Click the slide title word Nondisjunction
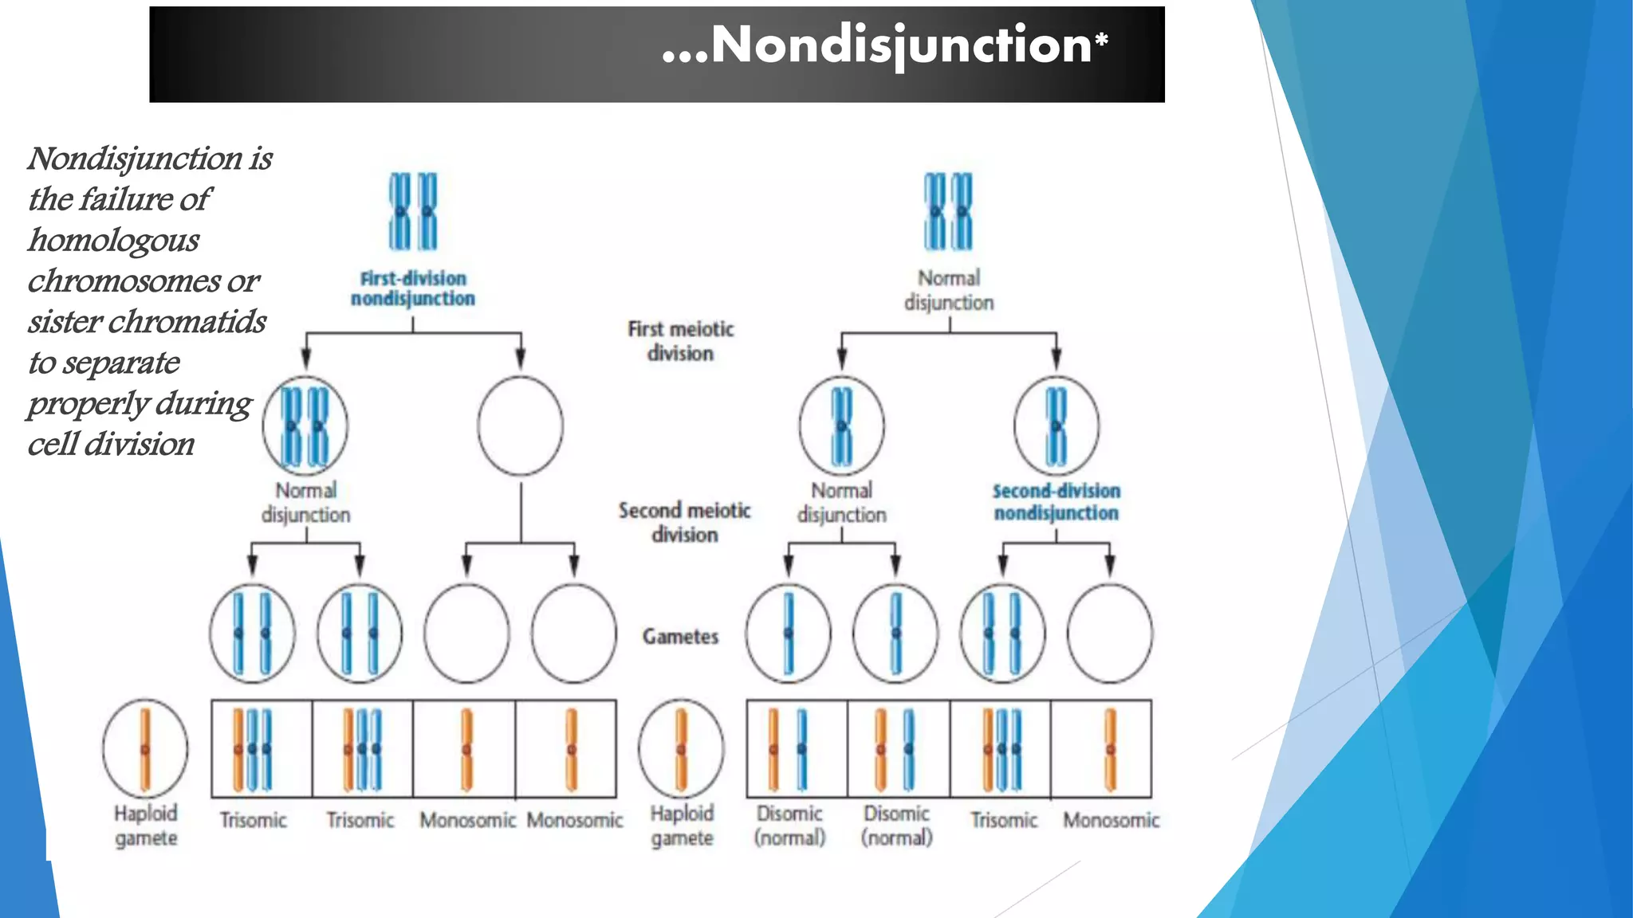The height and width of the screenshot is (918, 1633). (900, 45)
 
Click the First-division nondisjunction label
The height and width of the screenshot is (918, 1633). (413, 288)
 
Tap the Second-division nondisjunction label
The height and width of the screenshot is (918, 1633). (1056, 502)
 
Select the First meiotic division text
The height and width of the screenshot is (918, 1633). (680, 341)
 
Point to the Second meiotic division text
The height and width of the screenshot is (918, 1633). (684, 522)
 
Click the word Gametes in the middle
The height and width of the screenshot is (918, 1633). (680, 636)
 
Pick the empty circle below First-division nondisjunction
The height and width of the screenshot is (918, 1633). (520, 426)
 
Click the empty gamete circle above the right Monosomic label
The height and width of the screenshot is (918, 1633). (1109, 634)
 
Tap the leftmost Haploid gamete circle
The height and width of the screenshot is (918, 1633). (145, 748)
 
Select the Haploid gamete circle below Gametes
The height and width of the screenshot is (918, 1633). (681, 748)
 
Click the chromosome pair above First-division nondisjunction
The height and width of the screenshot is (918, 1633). (413, 211)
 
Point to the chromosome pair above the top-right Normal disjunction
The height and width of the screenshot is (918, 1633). (948, 211)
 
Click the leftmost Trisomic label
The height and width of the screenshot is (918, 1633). (253, 820)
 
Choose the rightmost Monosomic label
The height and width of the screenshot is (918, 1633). (1111, 820)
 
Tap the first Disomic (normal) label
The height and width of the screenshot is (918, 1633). (789, 825)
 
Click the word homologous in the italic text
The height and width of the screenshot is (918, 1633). (114, 240)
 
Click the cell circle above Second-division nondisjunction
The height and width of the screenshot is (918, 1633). (1056, 426)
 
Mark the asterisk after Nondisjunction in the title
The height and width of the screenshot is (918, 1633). (1101, 37)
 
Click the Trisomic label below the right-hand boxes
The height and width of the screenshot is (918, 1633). (1003, 820)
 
